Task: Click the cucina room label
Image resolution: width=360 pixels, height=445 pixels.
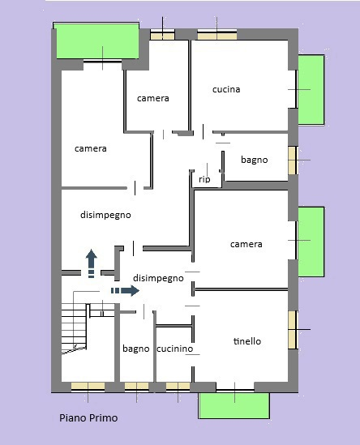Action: pyautogui.click(x=226, y=89)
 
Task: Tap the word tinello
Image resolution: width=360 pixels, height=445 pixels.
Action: pyautogui.click(x=246, y=341)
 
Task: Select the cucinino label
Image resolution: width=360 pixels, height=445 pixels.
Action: pyautogui.click(x=174, y=349)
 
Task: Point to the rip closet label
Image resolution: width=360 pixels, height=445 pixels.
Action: pyautogui.click(x=204, y=179)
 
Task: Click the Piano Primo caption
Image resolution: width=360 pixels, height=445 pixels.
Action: pyautogui.click(x=88, y=418)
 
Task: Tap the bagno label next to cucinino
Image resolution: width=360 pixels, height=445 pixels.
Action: pyautogui.click(x=136, y=349)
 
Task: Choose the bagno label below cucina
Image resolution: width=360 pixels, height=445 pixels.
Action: pyautogui.click(x=254, y=160)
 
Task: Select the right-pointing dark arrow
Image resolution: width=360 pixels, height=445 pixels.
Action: pyautogui.click(x=125, y=290)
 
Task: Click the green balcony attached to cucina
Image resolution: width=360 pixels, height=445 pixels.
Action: pyautogui.click(x=311, y=89)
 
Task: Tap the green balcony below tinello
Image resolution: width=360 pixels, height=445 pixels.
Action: pyautogui.click(x=234, y=404)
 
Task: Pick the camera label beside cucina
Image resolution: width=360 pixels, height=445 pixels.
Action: pyautogui.click(x=152, y=98)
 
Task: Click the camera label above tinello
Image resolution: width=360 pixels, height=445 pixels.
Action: pyautogui.click(x=246, y=244)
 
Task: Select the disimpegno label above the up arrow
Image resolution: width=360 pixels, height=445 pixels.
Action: pyautogui.click(x=105, y=215)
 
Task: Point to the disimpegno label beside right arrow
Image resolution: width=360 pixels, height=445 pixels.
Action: pyautogui.click(x=158, y=277)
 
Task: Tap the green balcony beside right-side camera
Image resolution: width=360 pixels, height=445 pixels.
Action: pyautogui.click(x=311, y=241)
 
